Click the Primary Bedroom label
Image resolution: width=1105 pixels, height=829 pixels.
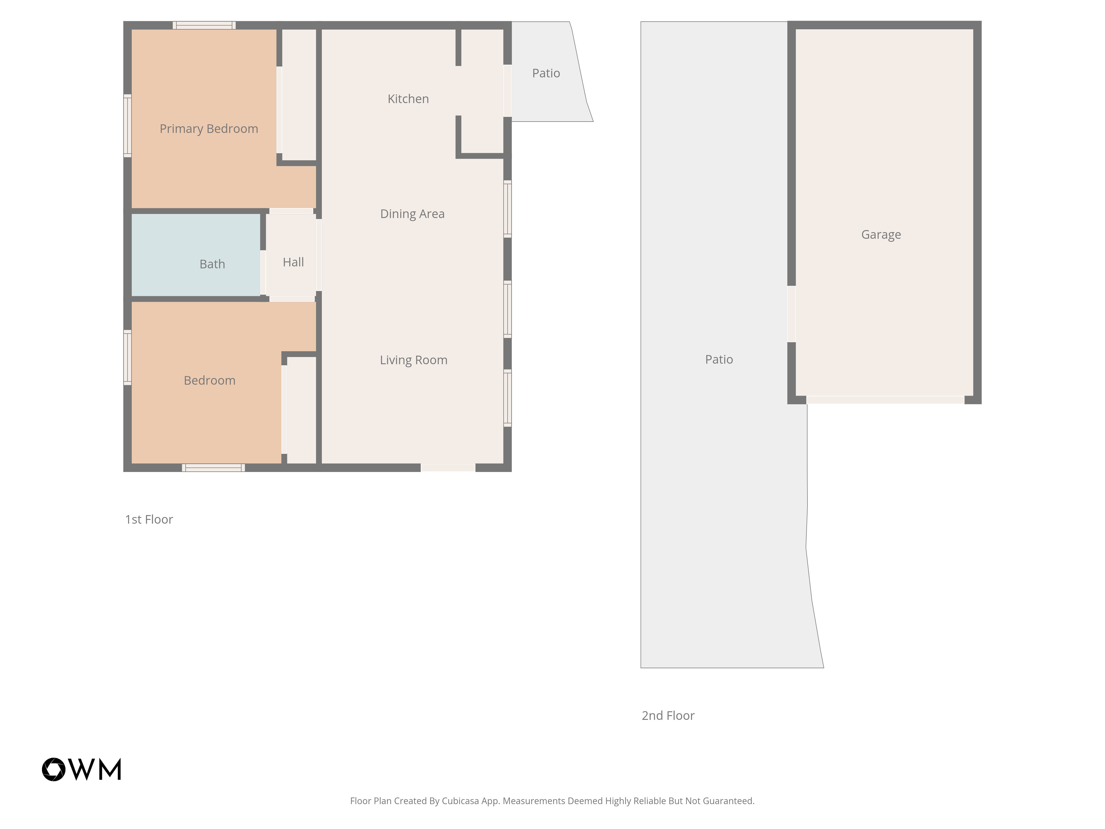209,129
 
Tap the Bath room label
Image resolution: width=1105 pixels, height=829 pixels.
212,264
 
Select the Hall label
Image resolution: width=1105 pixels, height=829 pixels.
293,262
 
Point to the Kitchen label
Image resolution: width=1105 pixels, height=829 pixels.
408,99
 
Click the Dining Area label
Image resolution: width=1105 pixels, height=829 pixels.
412,214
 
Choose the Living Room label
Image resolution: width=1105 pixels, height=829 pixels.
414,360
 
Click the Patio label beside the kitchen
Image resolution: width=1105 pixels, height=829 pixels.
546,74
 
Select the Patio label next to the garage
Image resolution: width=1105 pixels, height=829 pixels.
719,360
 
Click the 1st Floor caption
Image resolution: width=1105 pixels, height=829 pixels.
149,520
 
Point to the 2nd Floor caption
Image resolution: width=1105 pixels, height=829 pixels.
668,716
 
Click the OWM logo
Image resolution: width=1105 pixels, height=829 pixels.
81,770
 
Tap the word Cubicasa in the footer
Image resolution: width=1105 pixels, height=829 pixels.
460,801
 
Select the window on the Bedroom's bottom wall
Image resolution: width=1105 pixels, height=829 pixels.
213,468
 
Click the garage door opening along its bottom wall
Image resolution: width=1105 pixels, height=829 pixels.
885,400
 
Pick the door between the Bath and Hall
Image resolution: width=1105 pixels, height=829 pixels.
263,272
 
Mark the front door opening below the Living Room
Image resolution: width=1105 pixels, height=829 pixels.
448,468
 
